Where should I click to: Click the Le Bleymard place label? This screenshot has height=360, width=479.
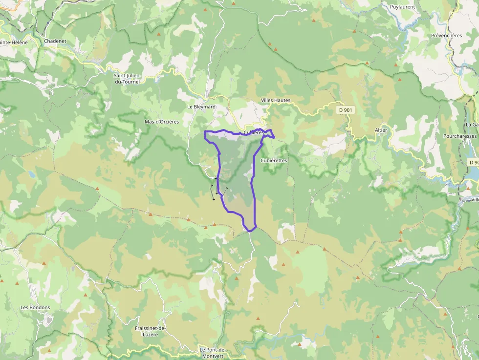coord(201,106)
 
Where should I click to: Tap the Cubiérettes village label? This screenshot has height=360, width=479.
coord(274,160)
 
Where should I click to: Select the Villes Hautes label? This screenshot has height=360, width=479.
coord(276,100)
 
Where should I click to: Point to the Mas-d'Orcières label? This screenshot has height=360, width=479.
coord(162,122)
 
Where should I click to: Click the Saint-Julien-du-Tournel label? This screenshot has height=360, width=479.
coord(127,78)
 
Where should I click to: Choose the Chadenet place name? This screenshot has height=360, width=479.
coord(55,41)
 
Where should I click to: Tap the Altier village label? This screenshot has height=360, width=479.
coord(381,130)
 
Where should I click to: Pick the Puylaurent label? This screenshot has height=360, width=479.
coord(402,7)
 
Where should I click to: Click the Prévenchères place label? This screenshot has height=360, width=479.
coord(446,36)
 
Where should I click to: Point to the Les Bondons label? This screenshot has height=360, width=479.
coord(35,308)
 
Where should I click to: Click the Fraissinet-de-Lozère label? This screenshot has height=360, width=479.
coord(151,331)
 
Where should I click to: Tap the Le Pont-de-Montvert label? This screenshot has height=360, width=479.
coord(212,353)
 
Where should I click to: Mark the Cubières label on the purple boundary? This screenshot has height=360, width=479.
coord(254,132)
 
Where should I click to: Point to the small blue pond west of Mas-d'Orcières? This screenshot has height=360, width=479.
coord(32,173)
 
